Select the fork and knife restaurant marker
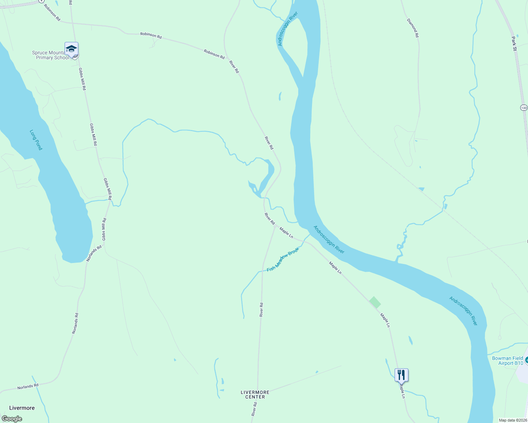click(x=401, y=374)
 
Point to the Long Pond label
click(x=36, y=140)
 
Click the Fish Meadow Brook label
click(x=283, y=259)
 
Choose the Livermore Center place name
click(x=255, y=394)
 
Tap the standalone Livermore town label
click(x=22, y=408)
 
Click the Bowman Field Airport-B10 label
click(x=508, y=361)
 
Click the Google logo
click(x=12, y=419)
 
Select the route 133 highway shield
click(x=523, y=108)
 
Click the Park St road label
click(x=514, y=44)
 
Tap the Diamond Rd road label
click(x=413, y=28)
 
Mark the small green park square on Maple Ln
click(x=375, y=302)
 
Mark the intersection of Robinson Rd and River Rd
click(x=226, y=56)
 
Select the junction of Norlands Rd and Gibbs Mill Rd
click(x=104, y=243)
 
